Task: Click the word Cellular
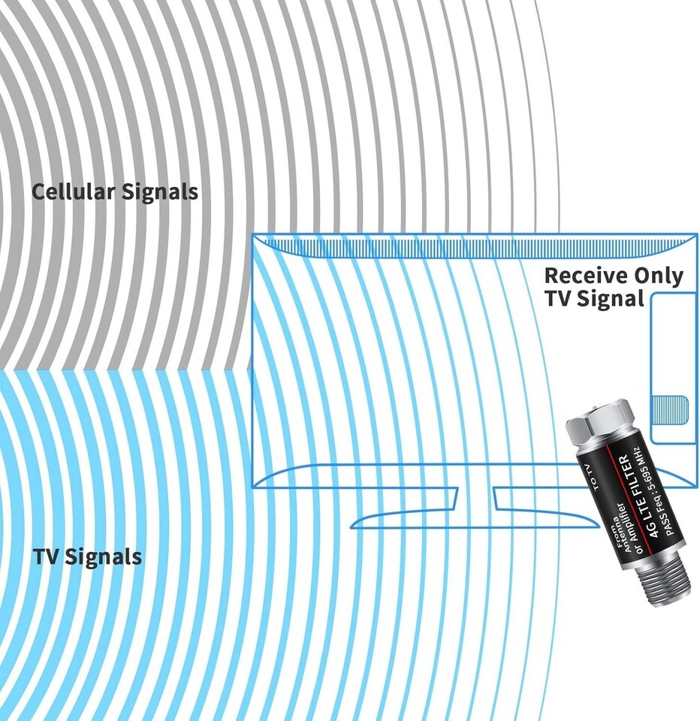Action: pyautogui.click(x=73, y=192)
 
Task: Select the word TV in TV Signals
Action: pyautogui.click(x=45, y=557)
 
